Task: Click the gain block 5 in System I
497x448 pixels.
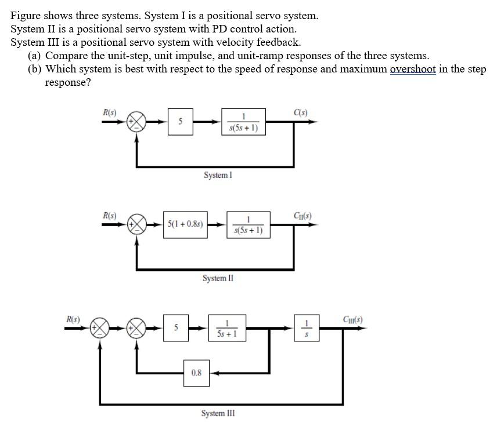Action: [181, 122]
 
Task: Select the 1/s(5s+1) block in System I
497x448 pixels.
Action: [243, 122]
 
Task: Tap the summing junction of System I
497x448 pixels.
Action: [137, 122]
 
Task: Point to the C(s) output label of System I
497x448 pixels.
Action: [301, 112]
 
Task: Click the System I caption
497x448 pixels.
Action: [218, 174]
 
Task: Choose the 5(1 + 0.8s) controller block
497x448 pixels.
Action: [185, 224]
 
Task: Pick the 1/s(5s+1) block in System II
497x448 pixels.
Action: [248, 224]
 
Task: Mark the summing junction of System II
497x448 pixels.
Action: [137, 224]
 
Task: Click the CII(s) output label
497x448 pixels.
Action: [304, 216]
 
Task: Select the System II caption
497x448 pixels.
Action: [218, 278]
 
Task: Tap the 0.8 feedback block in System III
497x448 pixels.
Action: [196, 373]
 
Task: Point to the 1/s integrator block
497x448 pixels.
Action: [308, 328]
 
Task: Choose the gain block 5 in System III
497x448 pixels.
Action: [175, 328]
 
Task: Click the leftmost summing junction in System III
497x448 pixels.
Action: [100, 328]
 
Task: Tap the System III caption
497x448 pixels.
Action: [218, 413]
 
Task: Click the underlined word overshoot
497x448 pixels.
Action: [413, 69]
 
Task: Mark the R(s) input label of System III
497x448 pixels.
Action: [74, 319]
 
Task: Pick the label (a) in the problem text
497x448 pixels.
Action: [34, 56]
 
